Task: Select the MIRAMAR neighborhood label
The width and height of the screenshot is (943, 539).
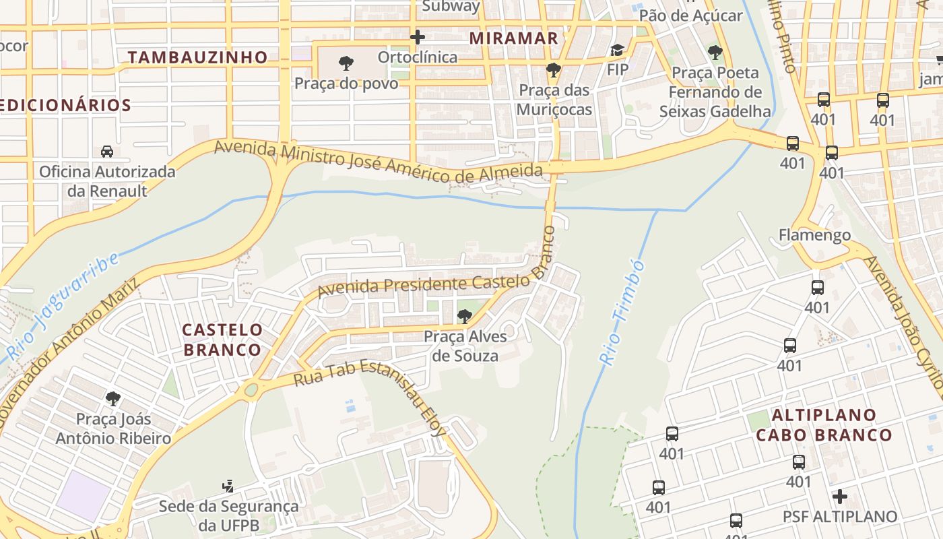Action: (514, 38)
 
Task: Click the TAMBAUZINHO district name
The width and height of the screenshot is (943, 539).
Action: (198, 58)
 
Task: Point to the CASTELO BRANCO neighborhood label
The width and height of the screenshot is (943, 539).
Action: (222, 340)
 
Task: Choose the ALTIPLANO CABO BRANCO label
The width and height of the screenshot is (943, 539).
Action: (824, 424)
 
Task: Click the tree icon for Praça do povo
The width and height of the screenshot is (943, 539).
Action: (346, 64)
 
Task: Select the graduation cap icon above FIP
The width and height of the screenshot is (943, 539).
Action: (617, 51)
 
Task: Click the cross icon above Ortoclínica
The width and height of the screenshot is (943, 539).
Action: (418, 36)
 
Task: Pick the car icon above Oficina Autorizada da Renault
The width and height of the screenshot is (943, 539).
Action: (106, 152)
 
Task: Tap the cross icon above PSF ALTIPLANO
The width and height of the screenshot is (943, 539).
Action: (839, 497)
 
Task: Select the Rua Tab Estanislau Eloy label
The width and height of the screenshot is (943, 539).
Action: (370, 393)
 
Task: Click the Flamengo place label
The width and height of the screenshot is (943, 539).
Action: (814, 235)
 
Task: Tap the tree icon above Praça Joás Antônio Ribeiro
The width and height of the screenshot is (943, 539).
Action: (113, 399)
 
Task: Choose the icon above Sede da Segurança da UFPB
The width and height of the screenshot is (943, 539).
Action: (228, 485)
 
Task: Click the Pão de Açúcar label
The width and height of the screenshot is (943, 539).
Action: (690, 15)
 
